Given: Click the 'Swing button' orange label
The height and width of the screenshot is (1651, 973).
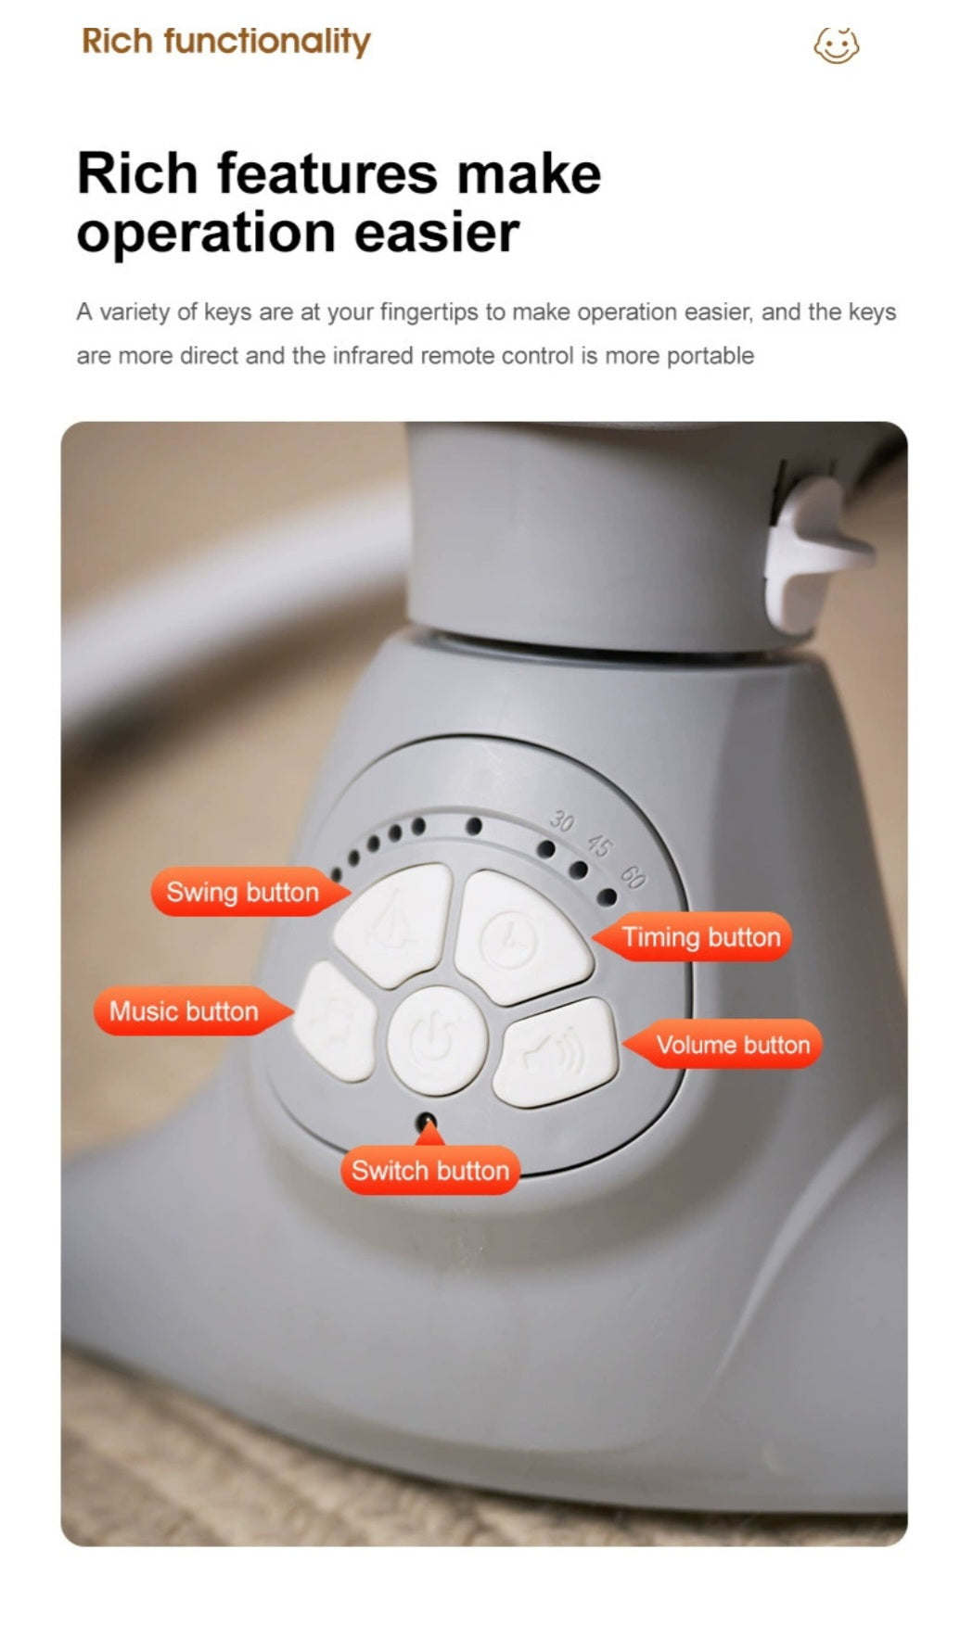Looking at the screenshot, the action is coord(243,892).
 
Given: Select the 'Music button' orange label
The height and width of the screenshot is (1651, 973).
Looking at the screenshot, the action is coord(186,1010).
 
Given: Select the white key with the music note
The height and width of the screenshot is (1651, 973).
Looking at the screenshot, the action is coord(335,1022).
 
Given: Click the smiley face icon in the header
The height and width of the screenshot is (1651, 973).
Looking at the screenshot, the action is coord(837,44).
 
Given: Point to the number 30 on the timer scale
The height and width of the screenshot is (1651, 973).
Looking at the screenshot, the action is coord(561,820).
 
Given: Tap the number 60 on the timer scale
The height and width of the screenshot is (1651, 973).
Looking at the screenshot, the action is coord(634,877).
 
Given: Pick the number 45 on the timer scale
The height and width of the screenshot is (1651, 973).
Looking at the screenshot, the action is coord(599,845).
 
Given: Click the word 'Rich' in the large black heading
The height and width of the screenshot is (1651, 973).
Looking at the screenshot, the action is coord(137,173).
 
